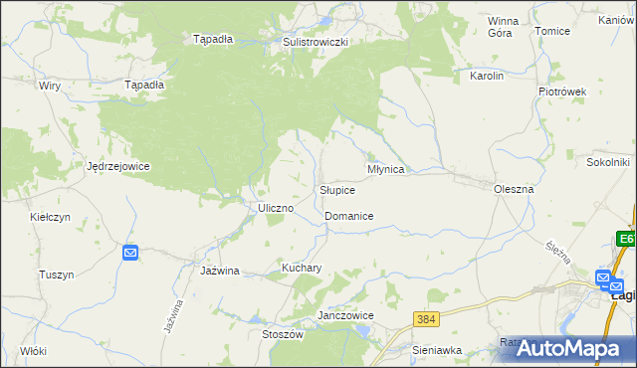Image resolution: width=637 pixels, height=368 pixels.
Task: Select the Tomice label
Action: pos(552,31)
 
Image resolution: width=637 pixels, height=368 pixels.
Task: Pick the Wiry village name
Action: pos(50,86)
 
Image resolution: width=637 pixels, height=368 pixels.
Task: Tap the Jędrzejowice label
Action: pos(117,166)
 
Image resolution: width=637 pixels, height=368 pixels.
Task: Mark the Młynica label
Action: pos(385,169)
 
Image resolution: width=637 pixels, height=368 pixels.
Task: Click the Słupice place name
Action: pos(336,189)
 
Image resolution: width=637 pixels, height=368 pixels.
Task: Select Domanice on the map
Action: pos(348,216)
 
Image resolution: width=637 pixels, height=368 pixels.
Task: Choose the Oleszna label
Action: pos(514,188)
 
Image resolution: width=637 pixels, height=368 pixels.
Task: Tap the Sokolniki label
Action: pos(609,161)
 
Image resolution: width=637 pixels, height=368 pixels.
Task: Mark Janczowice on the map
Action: pos(344,315)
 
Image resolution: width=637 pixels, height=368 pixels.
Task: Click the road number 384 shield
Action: pos(427,318)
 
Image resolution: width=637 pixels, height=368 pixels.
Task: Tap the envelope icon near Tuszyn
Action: pos(130,254)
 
